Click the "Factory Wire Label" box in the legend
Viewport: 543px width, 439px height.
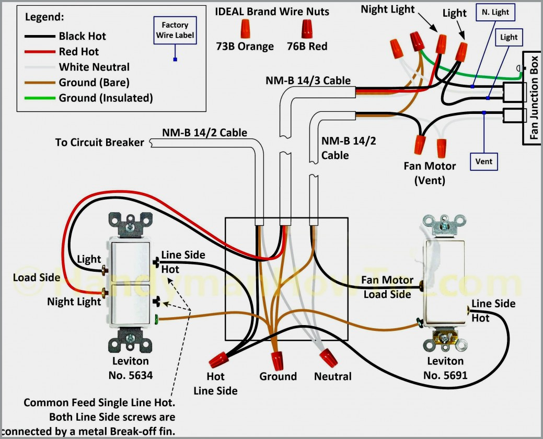tap(175, 30)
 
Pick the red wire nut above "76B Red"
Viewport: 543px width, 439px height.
tap(307, 27)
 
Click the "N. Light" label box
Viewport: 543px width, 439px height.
tap(493, 13)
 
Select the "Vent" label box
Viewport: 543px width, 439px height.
tap(483, 161)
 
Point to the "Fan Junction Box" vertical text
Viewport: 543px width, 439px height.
tap(534, 99)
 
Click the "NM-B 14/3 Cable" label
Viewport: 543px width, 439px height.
tap(308, 80)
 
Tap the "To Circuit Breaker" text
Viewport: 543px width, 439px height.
tap(99, 142)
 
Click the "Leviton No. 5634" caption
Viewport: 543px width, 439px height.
tap(130, 368)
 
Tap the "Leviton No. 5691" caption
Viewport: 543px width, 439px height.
tap(445, 368)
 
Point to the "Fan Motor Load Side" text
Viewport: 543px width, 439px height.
tap(387, 287)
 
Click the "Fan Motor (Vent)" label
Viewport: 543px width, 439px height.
tap(430, 173)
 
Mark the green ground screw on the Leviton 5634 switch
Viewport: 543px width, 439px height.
tap(156, 319)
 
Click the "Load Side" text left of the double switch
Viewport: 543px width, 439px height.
tap(37, 278)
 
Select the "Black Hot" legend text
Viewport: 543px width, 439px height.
tap(82, 36)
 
